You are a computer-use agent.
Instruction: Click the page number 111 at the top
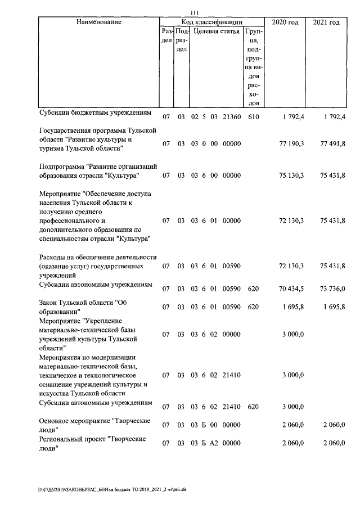tap(196, 13)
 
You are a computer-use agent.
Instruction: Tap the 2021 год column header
tap(326, 22)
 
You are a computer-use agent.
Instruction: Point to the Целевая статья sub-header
tap(217, 31)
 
